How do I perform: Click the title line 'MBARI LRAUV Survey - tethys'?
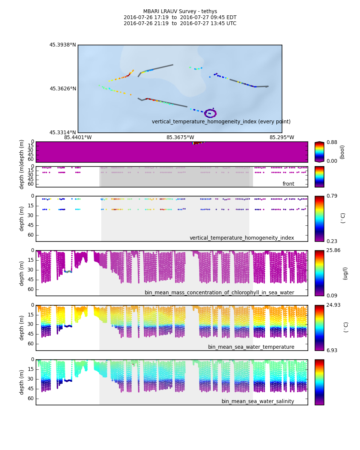click(180, 12)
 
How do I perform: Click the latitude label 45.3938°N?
click(63, 45)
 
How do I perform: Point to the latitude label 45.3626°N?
click(63, 89)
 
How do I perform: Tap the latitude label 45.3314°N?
click(63, 133)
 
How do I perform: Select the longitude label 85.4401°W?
click(78, 138)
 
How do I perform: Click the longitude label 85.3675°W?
click(180, 138)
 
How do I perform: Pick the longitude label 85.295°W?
click(282, 138)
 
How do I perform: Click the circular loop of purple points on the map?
click(210, 113)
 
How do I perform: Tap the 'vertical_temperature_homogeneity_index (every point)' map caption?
click(221, 122)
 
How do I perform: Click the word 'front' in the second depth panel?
click(288, 184)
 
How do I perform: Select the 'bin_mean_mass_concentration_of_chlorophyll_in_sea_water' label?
click(219, 293)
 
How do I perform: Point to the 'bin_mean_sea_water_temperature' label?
click(251, 347)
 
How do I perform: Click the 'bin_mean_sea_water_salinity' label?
click(258, 402)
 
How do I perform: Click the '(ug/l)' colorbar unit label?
click(345, 273)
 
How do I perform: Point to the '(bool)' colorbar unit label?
click(342, 152)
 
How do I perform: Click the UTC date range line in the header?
click(180, 24)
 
